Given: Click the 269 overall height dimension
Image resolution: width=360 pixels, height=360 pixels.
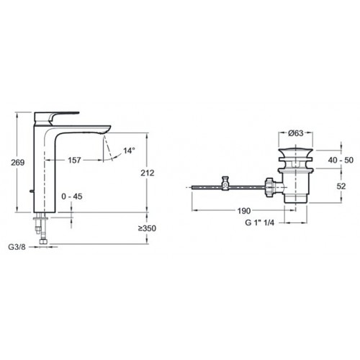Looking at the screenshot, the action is coord(18,163).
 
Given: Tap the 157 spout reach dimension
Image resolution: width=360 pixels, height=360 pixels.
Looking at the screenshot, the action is coord(74,160).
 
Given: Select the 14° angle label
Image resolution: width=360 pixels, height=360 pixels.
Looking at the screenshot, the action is coord(129,150).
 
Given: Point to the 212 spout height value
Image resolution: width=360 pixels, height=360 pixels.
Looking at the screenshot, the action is coord(148,173).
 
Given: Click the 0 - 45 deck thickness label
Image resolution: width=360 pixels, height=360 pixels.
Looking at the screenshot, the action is coord(72,197).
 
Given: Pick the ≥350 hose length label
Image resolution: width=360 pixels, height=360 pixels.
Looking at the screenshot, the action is coord(147,228).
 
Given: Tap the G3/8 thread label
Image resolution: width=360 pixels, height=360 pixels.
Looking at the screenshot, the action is coord(17,247).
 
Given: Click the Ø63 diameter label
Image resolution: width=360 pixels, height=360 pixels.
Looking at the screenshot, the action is coord(296,133).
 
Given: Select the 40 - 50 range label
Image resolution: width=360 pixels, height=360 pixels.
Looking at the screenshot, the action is coord(341,160).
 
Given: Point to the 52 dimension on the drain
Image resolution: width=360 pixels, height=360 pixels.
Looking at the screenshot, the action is coord(341,186).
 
